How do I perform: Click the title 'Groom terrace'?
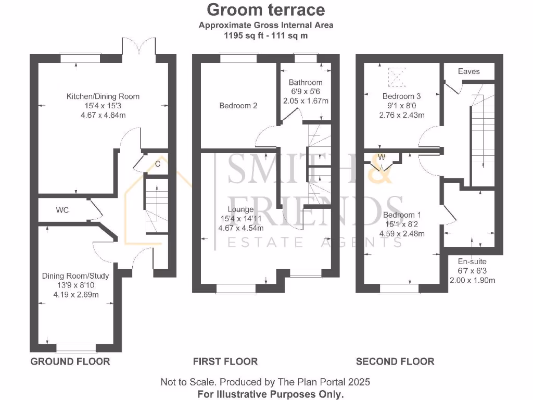pos(266,9)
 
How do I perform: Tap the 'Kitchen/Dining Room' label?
pos(103,96)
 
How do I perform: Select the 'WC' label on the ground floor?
pos(62,210)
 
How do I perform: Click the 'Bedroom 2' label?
pos(238,106)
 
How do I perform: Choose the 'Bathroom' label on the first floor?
pos(306,82)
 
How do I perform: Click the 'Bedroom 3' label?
pos(401,96)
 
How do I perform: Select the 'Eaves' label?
pos(468,71)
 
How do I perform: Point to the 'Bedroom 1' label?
pos(402,215)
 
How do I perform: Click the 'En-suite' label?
pos(472,261)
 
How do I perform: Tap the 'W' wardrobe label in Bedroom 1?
pos(382,157)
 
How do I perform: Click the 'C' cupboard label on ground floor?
pos(157,164)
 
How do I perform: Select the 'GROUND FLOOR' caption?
pos(70,361)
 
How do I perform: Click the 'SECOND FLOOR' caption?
pos(395,361)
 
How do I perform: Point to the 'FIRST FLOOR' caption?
pos(225,361)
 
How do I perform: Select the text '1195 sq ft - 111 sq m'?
pos(266,36)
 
